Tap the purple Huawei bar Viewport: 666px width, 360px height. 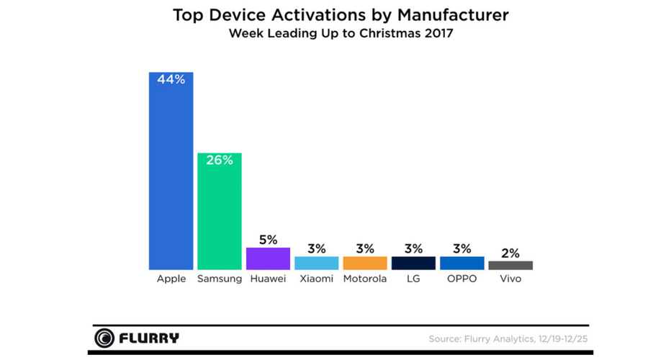tap(268, 258)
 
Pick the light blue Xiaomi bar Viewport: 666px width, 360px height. tap(316, 263)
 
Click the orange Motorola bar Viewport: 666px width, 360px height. tap(365, 263)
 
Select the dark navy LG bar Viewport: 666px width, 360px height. tap(413, 263)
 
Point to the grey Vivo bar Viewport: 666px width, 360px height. tap(510, 266)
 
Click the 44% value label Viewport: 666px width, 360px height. tap(171, 80)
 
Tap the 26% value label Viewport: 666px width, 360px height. tap(220, 161)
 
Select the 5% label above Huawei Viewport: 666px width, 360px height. tap(268, 240)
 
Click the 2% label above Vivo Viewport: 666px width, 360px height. tap(510, 253)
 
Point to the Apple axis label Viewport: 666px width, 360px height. tap(171, 279)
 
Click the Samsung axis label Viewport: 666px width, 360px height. tap(220, 279)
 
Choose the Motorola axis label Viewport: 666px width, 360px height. tap(365, 279)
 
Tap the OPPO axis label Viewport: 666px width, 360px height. tap(462, 279)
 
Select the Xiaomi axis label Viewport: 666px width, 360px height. tap(316, 279)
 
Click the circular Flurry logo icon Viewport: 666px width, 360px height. tap(104, 338)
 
